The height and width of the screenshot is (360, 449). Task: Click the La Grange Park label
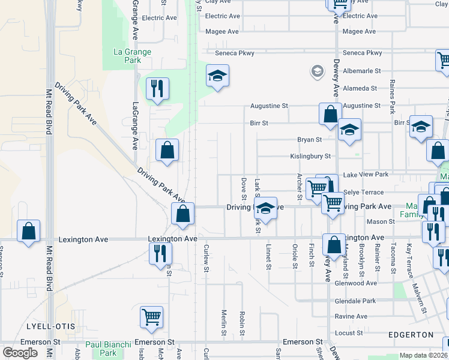point(132,56)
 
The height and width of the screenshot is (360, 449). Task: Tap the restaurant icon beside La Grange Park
point(157,89)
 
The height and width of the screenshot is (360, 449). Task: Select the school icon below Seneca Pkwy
point(218,76)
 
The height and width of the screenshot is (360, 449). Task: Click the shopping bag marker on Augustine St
point(330,114)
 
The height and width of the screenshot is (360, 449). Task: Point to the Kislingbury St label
point(310,156)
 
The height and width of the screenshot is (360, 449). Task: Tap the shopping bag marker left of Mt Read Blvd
point(28,231)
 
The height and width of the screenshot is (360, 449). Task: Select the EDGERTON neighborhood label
point(411,334)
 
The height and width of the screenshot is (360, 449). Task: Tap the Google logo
point(20,353)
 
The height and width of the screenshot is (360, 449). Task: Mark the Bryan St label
point(310,139)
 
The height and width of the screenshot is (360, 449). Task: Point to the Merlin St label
point(223,323)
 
